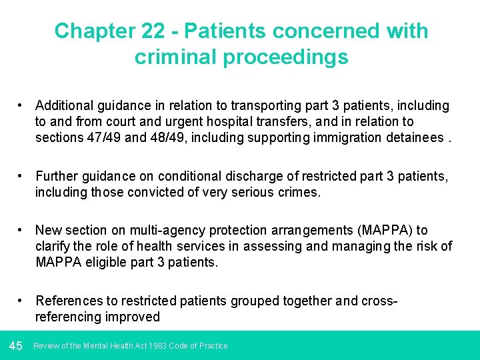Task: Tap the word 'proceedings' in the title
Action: (287, 57)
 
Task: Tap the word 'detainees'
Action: (411, 137)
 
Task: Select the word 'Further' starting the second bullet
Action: (57, 176)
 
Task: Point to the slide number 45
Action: (16, 345)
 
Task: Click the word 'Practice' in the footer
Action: (213, 345)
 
